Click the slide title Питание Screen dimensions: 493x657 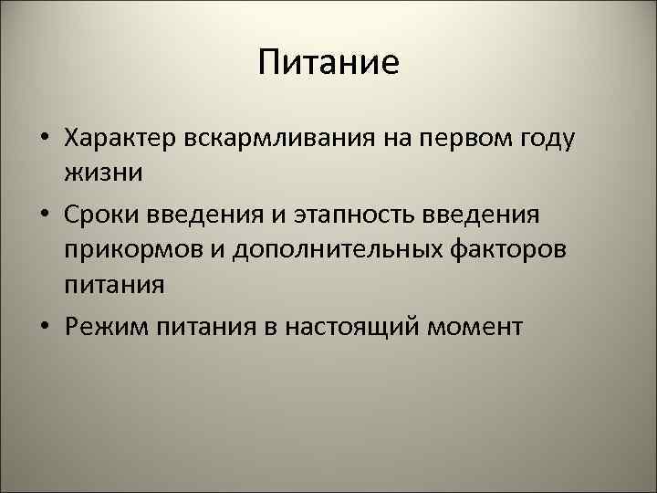pyautogui.click(x=328, y=63)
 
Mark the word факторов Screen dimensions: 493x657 pyautogui.click(x=514, y=249)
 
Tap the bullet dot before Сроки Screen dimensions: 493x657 pyautogui.click(x=44, y=215)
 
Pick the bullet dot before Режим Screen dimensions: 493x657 pyautogui.click(x=44, y=327)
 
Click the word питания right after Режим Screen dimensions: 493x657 pyautogui.click(x=201, y=326)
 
